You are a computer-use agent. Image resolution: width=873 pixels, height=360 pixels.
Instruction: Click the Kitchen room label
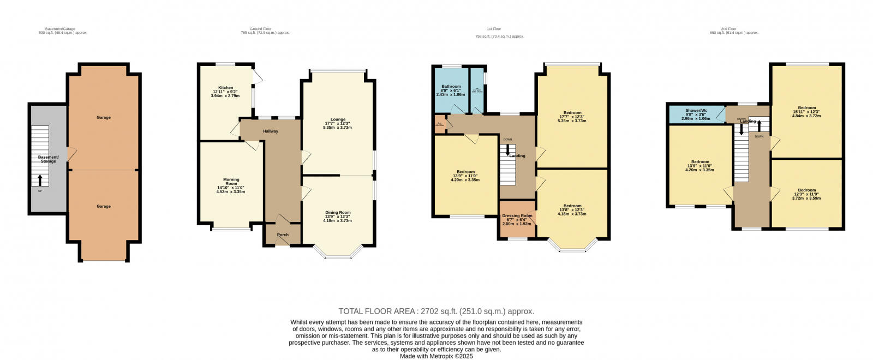pyautogui.click(x=226, y=87)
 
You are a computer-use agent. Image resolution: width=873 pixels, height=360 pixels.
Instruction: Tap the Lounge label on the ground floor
pyautogui.click(x=338, y=119)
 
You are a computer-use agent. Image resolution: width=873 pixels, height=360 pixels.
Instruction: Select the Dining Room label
pyautogui.click(x=337, y=212)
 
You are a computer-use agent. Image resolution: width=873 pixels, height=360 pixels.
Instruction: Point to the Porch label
pyautogui.click(x=283, y=235)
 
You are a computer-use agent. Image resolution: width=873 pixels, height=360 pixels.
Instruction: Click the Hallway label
pyautogui.click(x=271, y=131)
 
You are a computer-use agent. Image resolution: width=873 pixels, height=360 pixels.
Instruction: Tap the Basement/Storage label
pyautogui.click(x=47, y=159)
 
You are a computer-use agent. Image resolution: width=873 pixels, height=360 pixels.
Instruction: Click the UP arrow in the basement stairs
pyautogui.click(x=40, y=179)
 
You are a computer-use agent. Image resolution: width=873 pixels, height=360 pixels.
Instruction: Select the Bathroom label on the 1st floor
pyautogui.click(x=451, y=86)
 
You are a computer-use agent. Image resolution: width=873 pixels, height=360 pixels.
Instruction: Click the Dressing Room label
pyautogui.click(x=517, y=215)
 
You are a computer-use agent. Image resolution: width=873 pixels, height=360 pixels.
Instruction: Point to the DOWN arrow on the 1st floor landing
pyautogui.click(x=507, y=148)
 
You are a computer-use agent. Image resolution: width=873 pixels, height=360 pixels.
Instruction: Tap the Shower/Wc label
pyautogui.click(x=696, y=110)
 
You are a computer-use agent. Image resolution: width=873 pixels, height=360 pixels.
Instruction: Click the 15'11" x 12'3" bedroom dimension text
pyautogui.click(x=806, y=112)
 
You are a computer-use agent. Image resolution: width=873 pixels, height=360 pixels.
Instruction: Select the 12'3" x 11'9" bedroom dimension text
pyautogui.click(x=807, y=194)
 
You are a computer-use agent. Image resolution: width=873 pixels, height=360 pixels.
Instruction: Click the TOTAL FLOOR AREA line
pyautogui.click(x=436, y=311)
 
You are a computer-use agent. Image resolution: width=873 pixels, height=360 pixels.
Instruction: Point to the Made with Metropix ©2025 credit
pyautogui.click(x=436, y=356)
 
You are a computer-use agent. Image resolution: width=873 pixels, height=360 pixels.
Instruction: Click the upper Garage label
pyautogui.click(x=104, y=117)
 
